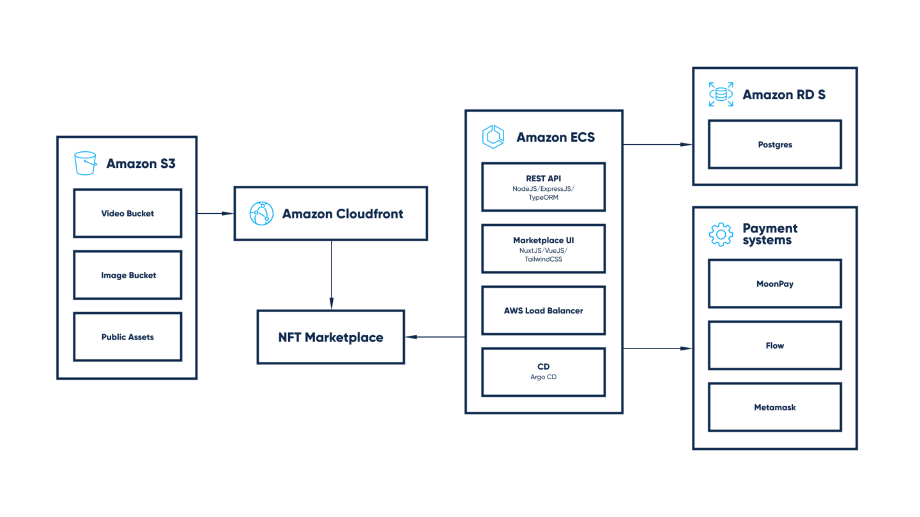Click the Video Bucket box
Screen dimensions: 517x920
click(x=127, y=213)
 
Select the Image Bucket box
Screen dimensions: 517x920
click(x=127, y=275)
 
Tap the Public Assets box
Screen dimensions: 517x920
click(x=127, y=337)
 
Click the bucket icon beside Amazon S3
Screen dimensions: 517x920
click(x=85, y=163)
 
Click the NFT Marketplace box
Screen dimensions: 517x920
click(x=330, y=337)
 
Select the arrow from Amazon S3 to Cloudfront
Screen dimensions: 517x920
click(x=215, y=213)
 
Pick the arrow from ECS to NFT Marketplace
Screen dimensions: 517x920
click(x=434, y=337)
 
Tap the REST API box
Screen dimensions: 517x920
click(x=543, y=186)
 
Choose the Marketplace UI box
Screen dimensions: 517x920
click(x=543, y=248)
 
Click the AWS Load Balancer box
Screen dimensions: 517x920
click(x=543, y=311)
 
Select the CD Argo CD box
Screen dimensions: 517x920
click(x=543, y=371)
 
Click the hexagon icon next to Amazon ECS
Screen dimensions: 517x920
click(x=493, y=137)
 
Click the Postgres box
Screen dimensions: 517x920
click(x=774, y=145)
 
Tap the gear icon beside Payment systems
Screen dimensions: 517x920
click(x=721, y=234)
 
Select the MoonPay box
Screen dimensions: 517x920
click(x=774, y=283)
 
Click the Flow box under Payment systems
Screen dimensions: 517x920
click(x=774, y=345)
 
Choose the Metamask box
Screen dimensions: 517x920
click(x=774, y=407)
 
